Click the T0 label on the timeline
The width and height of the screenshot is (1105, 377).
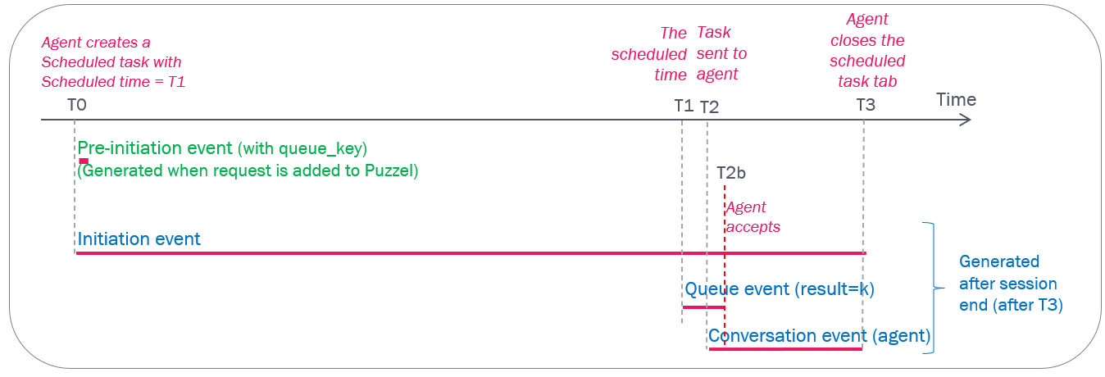pyautogui.click(x=78, y=105)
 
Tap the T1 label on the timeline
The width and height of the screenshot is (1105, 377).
pyautogui.click(x=684, y=105)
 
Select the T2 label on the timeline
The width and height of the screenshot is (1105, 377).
pyautogui.click(x=710, y=106)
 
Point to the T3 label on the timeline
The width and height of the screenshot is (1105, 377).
pyautogui.click(x=866, y=105)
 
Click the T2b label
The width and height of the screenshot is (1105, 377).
pyautogui.click(x=731, y=172)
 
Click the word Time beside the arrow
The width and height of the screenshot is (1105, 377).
pyautogui.click(x=957, y=99)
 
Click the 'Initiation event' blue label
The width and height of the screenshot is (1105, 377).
pyautogui.click(x=139, y=239)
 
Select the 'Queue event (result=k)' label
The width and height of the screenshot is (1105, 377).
pyautogui.click(x=779, y=289)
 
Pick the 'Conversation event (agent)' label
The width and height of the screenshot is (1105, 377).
pyautogui.click(x=819, y=335)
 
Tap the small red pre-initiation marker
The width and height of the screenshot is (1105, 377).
pyautogui.click(x=84, y=161)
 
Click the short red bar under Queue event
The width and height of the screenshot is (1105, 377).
pyautogui.click(x=703, y=307)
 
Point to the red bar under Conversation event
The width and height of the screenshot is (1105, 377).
pyautogui.click(x=785, y=349)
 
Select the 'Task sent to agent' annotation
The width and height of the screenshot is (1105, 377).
pyautogui.click(x=721, y=53)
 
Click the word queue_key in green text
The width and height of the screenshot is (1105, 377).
pyautogui.click(x=321, y=148)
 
